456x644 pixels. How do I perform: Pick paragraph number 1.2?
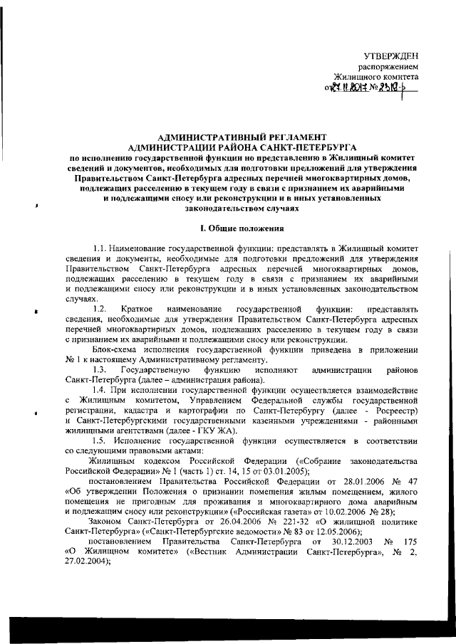(x=100, y=310)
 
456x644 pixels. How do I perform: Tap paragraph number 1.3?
(x=100, y=370)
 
